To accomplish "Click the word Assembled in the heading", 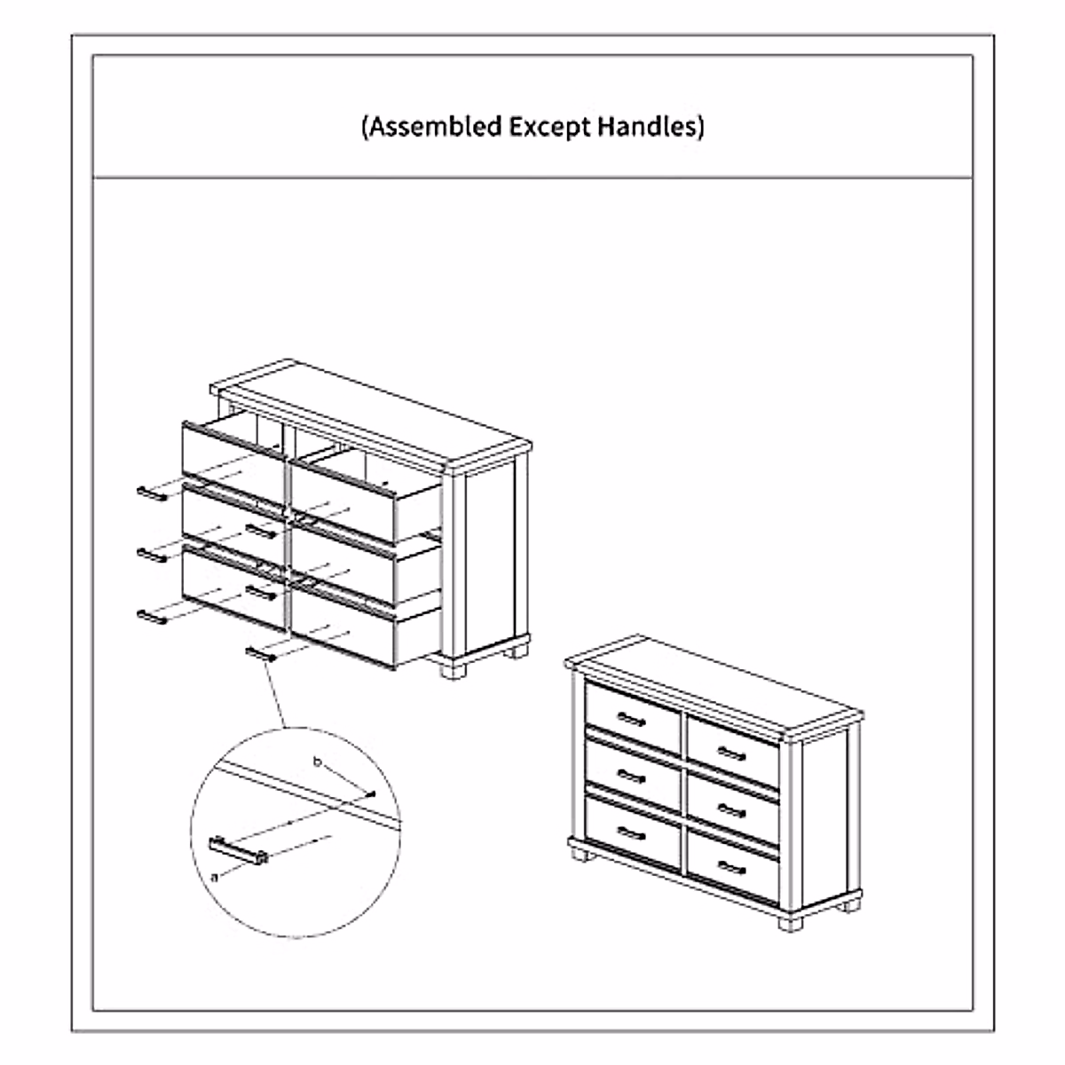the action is (435, 126).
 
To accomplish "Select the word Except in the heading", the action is (548, 126).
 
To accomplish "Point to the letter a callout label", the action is (215, 877).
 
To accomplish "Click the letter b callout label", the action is (317, 761).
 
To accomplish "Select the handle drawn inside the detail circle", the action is (238, 849).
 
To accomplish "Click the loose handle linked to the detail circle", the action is (263, 655).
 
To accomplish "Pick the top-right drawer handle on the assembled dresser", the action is (730, 754).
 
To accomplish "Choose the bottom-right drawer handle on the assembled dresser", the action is (730, 867).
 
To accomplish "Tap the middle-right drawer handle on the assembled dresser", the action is (730, 811).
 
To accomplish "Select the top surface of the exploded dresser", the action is (373, 413).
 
